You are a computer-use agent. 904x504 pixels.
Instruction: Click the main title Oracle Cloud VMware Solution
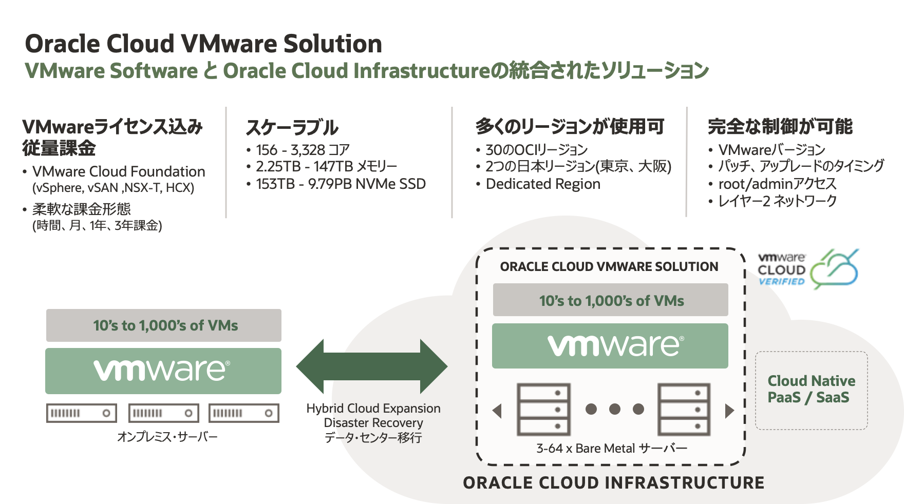click(203, 44)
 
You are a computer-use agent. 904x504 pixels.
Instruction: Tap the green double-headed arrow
click(372, 366)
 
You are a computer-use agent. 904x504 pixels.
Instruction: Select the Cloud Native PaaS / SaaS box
click(811, 390)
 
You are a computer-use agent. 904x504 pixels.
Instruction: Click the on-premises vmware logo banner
click(163, 371)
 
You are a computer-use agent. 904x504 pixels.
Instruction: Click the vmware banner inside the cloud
click(610, 346)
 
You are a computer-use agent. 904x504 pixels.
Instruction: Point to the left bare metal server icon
click(544, 409)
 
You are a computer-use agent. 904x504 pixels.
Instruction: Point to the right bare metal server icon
click(684, 409)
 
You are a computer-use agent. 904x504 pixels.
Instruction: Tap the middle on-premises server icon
click(163, 413)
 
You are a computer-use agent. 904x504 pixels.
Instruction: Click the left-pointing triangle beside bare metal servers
click(497, 411)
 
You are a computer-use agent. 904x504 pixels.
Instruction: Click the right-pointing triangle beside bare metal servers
click(729, 411)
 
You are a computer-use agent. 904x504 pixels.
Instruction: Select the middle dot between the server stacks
click(615, 409)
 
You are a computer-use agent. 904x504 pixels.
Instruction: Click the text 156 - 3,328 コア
click(303, 150)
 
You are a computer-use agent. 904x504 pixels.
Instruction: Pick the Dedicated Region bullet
click(542, 184)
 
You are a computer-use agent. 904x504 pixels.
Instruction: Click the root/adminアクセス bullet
click(777, 184)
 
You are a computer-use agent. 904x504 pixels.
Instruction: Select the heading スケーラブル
click(292, 127)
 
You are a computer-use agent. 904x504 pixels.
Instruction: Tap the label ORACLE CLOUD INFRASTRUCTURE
click(613, 483)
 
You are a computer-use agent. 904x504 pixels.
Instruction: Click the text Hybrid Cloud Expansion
click(373, 409)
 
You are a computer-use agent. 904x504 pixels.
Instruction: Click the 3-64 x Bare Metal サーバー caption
click(611, 448)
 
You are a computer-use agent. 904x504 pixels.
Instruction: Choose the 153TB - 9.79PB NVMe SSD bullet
click(341, 184)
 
